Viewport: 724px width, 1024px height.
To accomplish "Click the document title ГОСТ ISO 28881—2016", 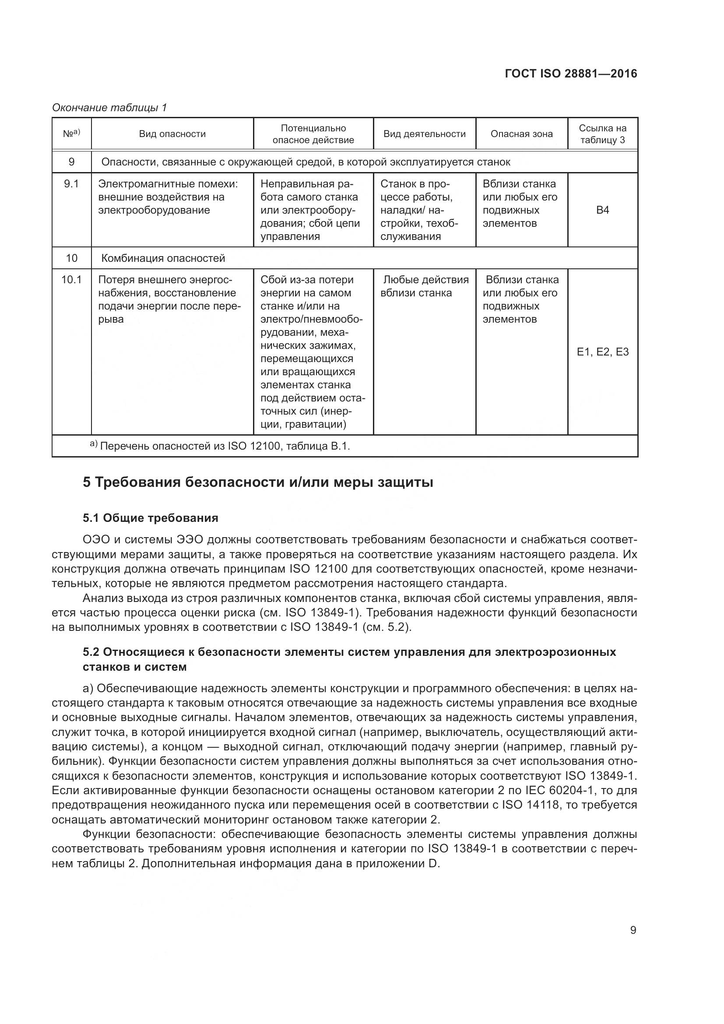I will [x=571, y=74].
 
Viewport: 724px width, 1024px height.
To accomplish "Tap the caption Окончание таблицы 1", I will [x=109, y=108].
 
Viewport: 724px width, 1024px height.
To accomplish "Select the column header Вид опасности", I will [x=172, y=134].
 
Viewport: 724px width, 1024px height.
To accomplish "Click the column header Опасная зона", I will [x=521, y=134].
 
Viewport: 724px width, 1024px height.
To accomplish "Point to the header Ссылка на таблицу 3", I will [x=602, y=134].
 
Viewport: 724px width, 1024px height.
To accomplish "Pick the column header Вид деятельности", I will [x=425, y=134].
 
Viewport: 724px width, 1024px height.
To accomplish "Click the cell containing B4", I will [x=602, y=210].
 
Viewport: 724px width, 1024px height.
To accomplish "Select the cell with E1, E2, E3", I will [x=602, y=352].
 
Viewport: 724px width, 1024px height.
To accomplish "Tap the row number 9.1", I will [x=71, y=184].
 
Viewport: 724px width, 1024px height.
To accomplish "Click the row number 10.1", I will [x=71, y=280].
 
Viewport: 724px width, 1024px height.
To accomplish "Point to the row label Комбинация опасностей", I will [x=163, y=258].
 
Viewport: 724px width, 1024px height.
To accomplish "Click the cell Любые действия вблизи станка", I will [x=425, y=286].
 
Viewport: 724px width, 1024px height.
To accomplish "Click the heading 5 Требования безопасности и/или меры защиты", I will [x=258, y=482].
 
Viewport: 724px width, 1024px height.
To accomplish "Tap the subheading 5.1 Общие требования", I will [x=150, y=518].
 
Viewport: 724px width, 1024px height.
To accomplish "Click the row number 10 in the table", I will [x=71, y=258].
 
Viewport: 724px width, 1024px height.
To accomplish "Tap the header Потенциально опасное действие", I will [x=313, y=134].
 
